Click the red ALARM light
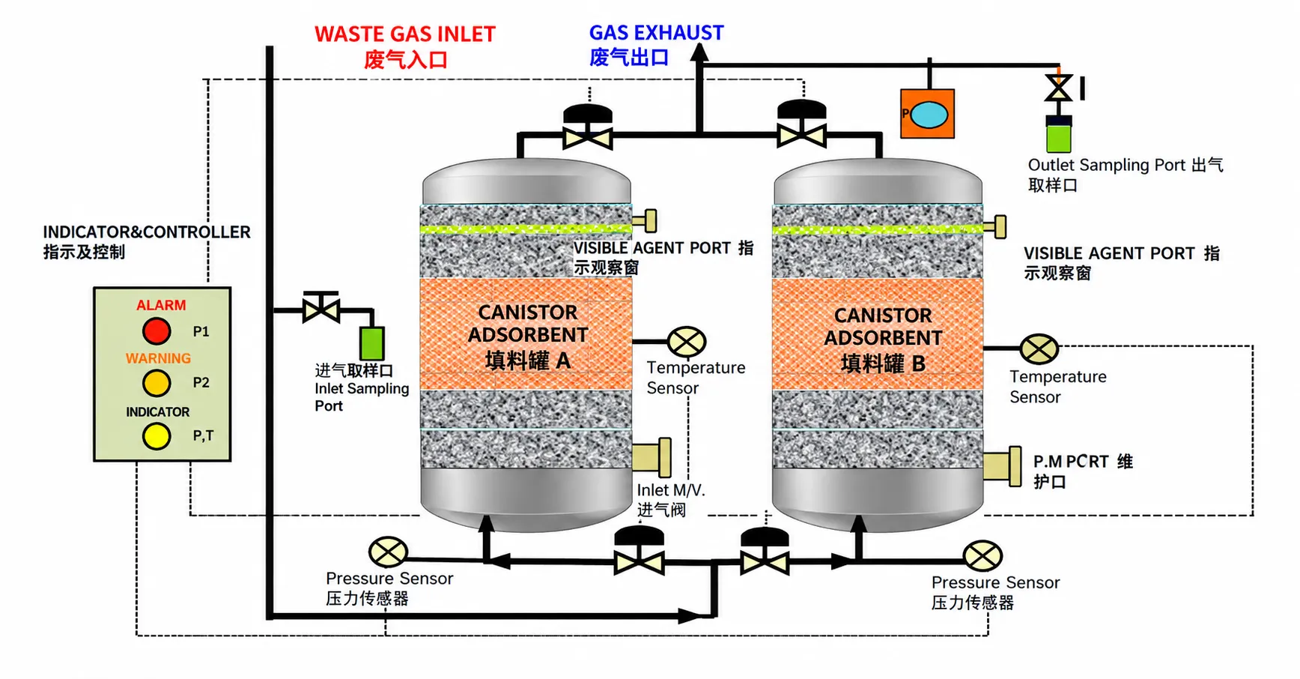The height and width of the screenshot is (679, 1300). coord(157,331)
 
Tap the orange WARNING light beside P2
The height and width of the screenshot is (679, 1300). coord(157,383)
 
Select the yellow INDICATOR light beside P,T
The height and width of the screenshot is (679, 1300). coord(157,435)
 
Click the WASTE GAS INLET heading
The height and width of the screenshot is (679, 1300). coord(405,34)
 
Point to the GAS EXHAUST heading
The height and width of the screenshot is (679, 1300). coord(656,32)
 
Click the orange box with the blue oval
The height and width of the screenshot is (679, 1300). coord(927,114)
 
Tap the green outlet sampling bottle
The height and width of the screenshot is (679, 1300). coord(1059,134)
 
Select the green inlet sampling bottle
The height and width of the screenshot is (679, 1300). coord(372,343)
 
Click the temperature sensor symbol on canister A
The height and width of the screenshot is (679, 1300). coord(687,342)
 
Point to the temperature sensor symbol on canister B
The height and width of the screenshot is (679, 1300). coord(1039,348)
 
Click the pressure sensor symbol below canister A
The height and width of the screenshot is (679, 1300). coord(388,552)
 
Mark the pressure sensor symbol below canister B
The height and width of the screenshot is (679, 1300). coord(982,556)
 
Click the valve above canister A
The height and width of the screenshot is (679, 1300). coord(588,127)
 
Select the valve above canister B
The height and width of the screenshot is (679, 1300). coord(802,124)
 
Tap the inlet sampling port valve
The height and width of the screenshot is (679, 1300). coord(321,307)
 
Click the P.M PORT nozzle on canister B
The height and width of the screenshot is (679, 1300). coord(1002,465)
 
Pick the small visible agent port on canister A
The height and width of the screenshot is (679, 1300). coord(645,220)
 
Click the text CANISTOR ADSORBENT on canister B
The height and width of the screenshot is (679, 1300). coord(883,327)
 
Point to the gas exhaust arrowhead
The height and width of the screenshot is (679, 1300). coord(699,52)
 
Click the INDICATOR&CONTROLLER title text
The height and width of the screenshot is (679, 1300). coord(147,232)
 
